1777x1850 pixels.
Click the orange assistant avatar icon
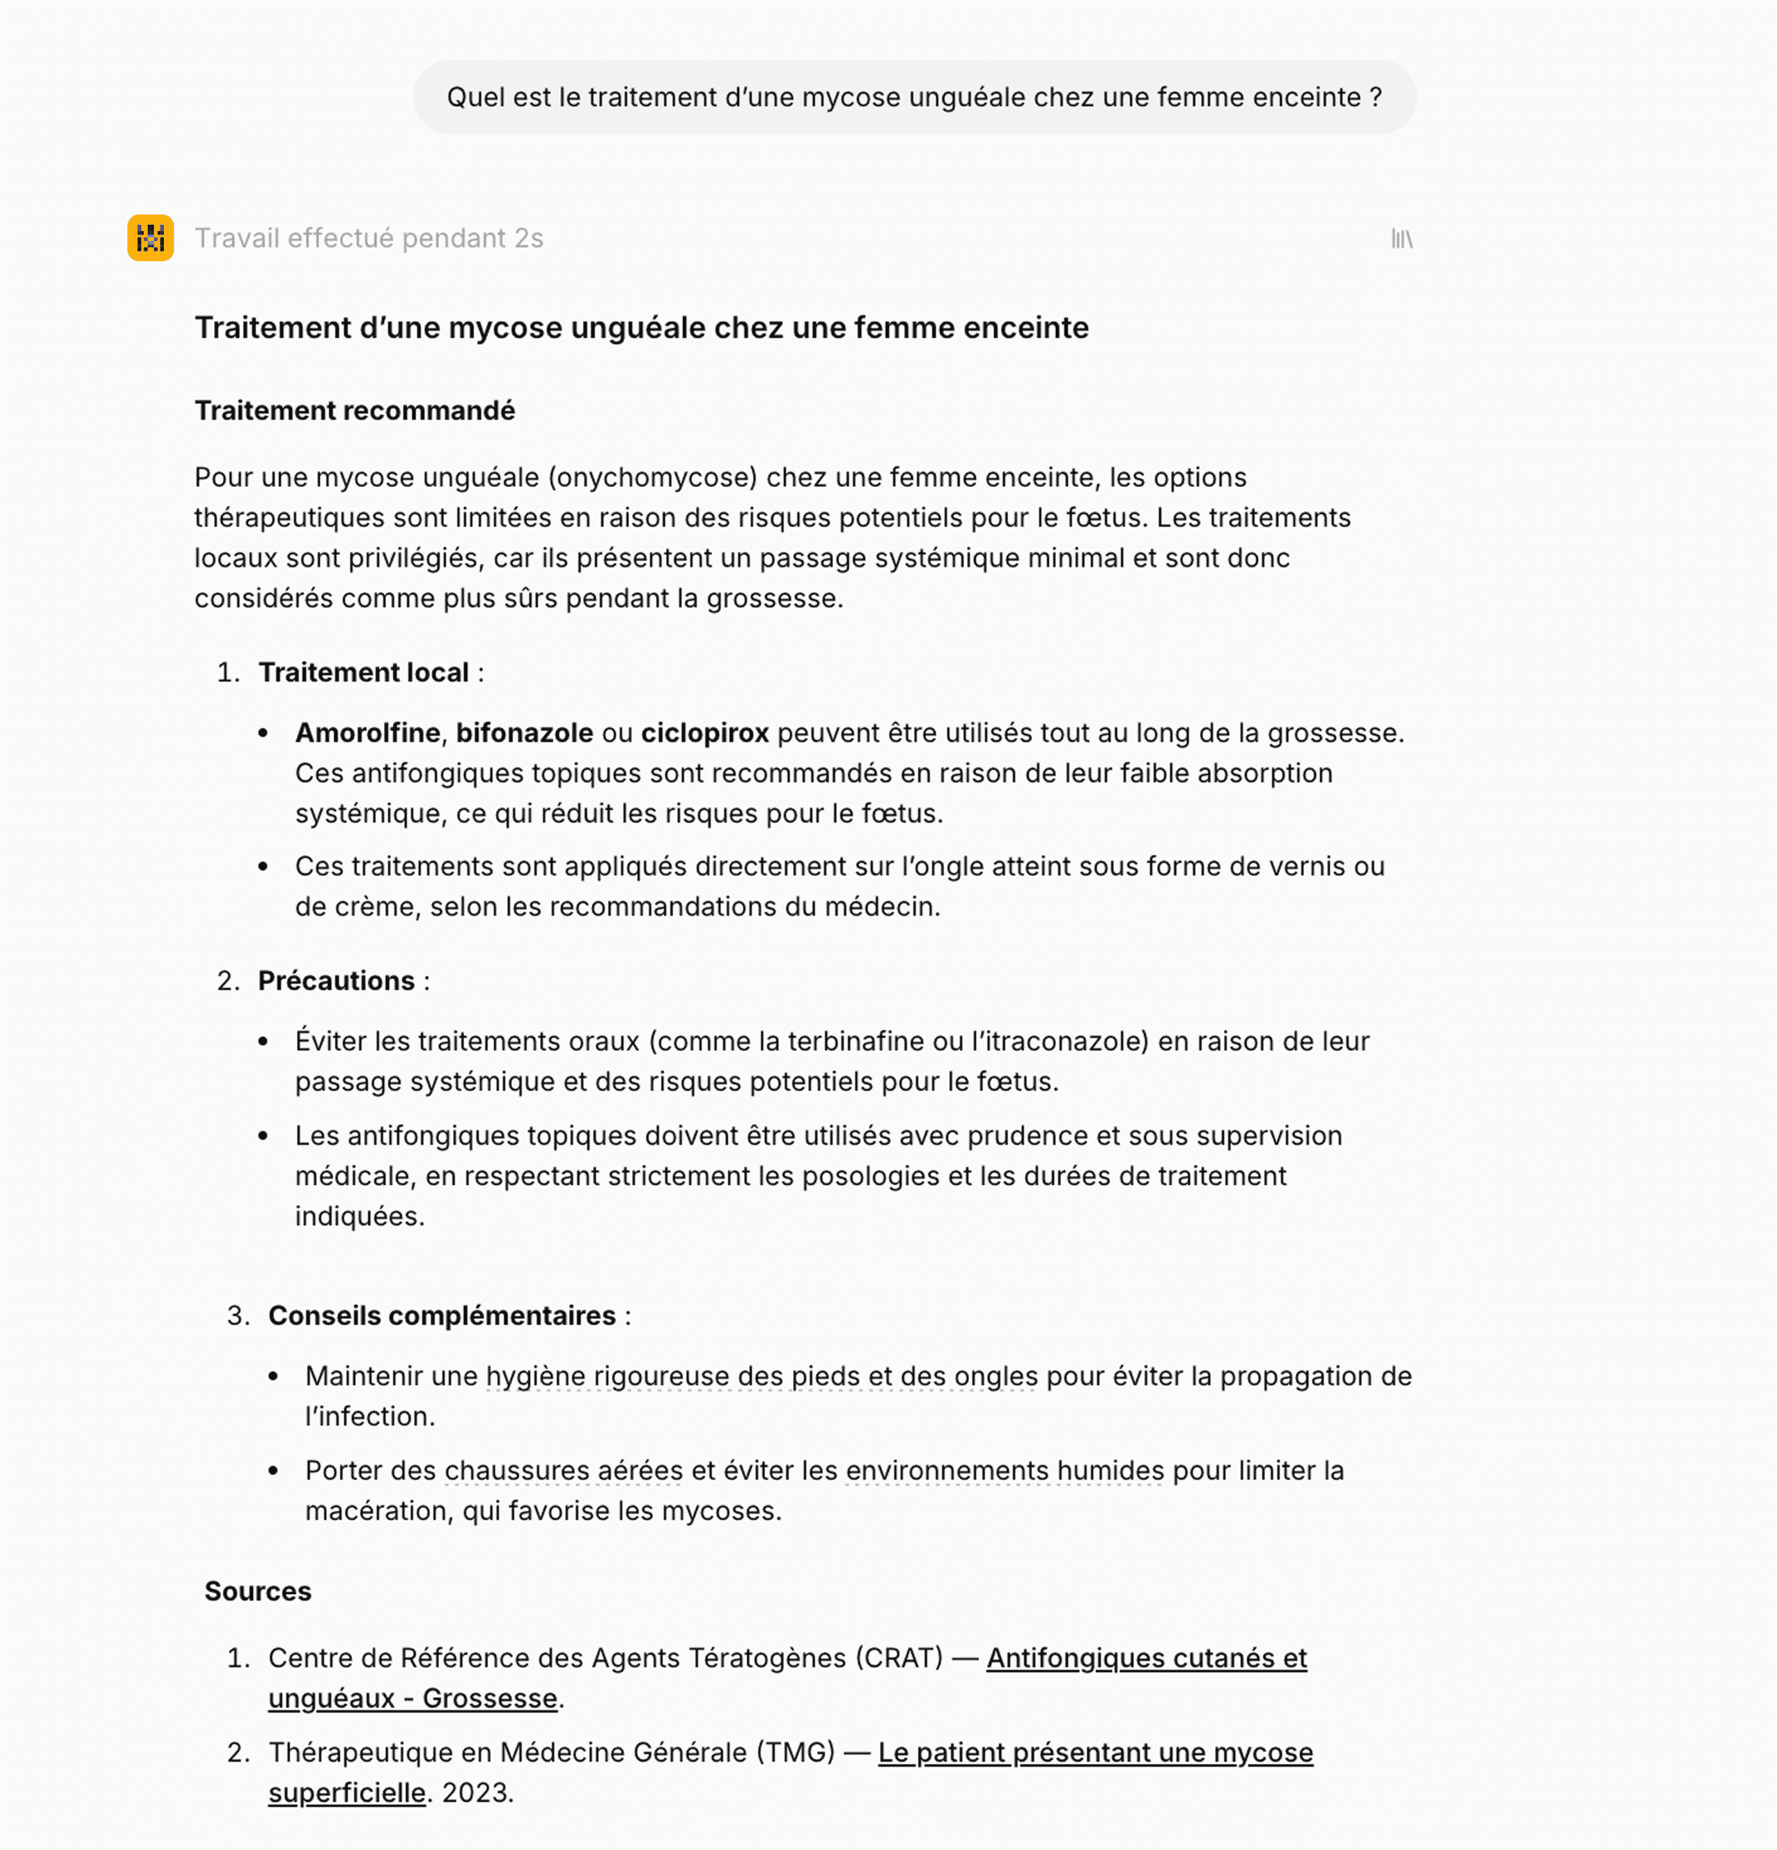coord(150,238)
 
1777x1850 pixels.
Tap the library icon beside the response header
coord(1401,239)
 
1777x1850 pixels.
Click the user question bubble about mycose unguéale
coord(913,97)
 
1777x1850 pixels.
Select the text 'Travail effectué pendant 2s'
coord(368,238)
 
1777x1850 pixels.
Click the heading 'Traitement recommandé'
coord(354,411)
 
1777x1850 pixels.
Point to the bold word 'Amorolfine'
coord(368,733)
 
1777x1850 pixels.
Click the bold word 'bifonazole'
coord(524,733)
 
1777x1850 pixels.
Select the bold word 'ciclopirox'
coord(705,733)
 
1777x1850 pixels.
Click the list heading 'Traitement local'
coord(364,672)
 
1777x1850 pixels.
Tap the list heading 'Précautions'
coord(336,981)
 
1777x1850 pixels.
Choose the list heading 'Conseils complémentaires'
coord(441,1315)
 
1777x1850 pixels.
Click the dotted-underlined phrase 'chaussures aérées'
coord(564,1471)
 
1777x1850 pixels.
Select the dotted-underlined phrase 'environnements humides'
coord(1005,1471)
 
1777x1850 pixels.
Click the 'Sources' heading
coord(258,1592)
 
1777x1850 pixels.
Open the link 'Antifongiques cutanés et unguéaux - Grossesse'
coord(1147,1658)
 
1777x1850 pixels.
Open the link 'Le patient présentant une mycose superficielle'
coord(1095,1753)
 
